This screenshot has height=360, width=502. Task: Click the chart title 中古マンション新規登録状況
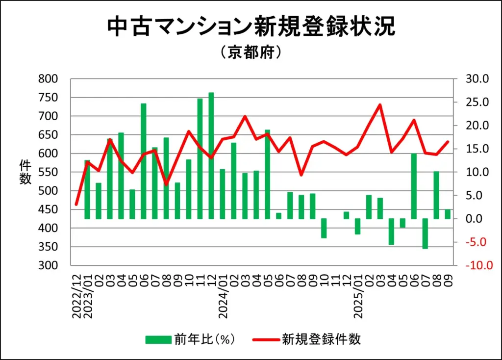[x=251, y=27]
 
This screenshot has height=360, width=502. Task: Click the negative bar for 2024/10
[x=324, y=228]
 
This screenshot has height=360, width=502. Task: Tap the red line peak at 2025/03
[x=380, y=104]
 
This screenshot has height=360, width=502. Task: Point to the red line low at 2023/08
[x=166, y=184]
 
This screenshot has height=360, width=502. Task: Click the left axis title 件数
[x=25, y=172]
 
